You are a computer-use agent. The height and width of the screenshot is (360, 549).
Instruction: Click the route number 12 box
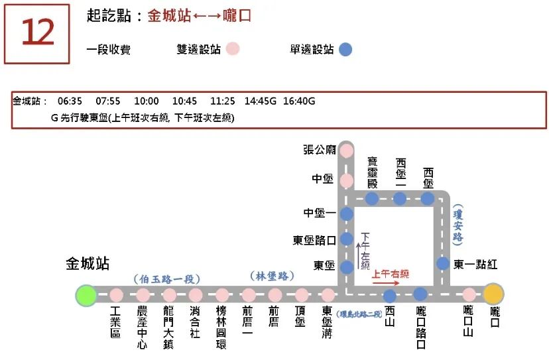(x=37, y=33)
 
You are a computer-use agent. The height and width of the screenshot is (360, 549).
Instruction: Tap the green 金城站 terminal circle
(x=86, y=294)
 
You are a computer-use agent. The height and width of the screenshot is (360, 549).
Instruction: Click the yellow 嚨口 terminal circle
(x=493, y=294)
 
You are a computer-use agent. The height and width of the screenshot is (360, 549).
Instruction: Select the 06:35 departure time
(x=70, y=101)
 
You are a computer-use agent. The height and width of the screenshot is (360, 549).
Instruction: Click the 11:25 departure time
(x=223, y=101)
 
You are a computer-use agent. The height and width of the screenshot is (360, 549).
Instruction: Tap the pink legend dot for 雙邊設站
(x=232, y=49)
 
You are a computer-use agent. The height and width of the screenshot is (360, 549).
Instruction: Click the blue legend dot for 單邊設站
(x=345, y=49)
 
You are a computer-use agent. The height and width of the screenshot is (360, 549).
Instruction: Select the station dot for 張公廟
(x=346, y=151)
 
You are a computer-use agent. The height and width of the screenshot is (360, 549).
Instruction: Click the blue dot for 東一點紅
(x=443, y=264)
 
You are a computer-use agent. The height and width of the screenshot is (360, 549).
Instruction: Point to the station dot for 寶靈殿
(x=372, y=198)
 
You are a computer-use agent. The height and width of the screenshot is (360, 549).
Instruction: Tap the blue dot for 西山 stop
(x=390, y=296)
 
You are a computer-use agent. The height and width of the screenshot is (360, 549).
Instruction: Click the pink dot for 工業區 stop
(x=117, y=295)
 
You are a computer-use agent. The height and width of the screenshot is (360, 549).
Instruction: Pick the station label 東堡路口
(x=314, y=240)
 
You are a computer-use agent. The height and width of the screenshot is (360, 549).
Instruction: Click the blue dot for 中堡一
(x=346, y=214)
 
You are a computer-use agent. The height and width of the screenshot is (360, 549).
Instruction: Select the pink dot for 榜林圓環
(x=222, y=295)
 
